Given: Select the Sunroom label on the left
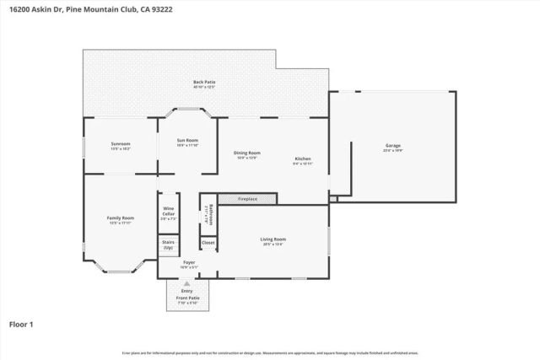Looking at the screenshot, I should click(121, 143).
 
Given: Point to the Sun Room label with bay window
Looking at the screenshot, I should click(187, 140).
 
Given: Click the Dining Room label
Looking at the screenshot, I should click(246, 153).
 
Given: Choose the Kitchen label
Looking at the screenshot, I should click(303, 159).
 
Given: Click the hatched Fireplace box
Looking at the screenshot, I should click(247, 199).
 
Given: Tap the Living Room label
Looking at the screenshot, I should click(273, 239).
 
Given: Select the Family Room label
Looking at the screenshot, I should click(121, 218).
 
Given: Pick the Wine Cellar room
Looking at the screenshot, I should click(169, 213).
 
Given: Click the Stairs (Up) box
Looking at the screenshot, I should click(169, 244).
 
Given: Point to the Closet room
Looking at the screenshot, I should click(208, 243).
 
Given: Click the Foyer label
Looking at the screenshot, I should click(189, 262).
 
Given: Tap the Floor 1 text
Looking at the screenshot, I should click(22, 324).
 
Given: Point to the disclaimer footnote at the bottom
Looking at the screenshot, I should click(270, 352).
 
